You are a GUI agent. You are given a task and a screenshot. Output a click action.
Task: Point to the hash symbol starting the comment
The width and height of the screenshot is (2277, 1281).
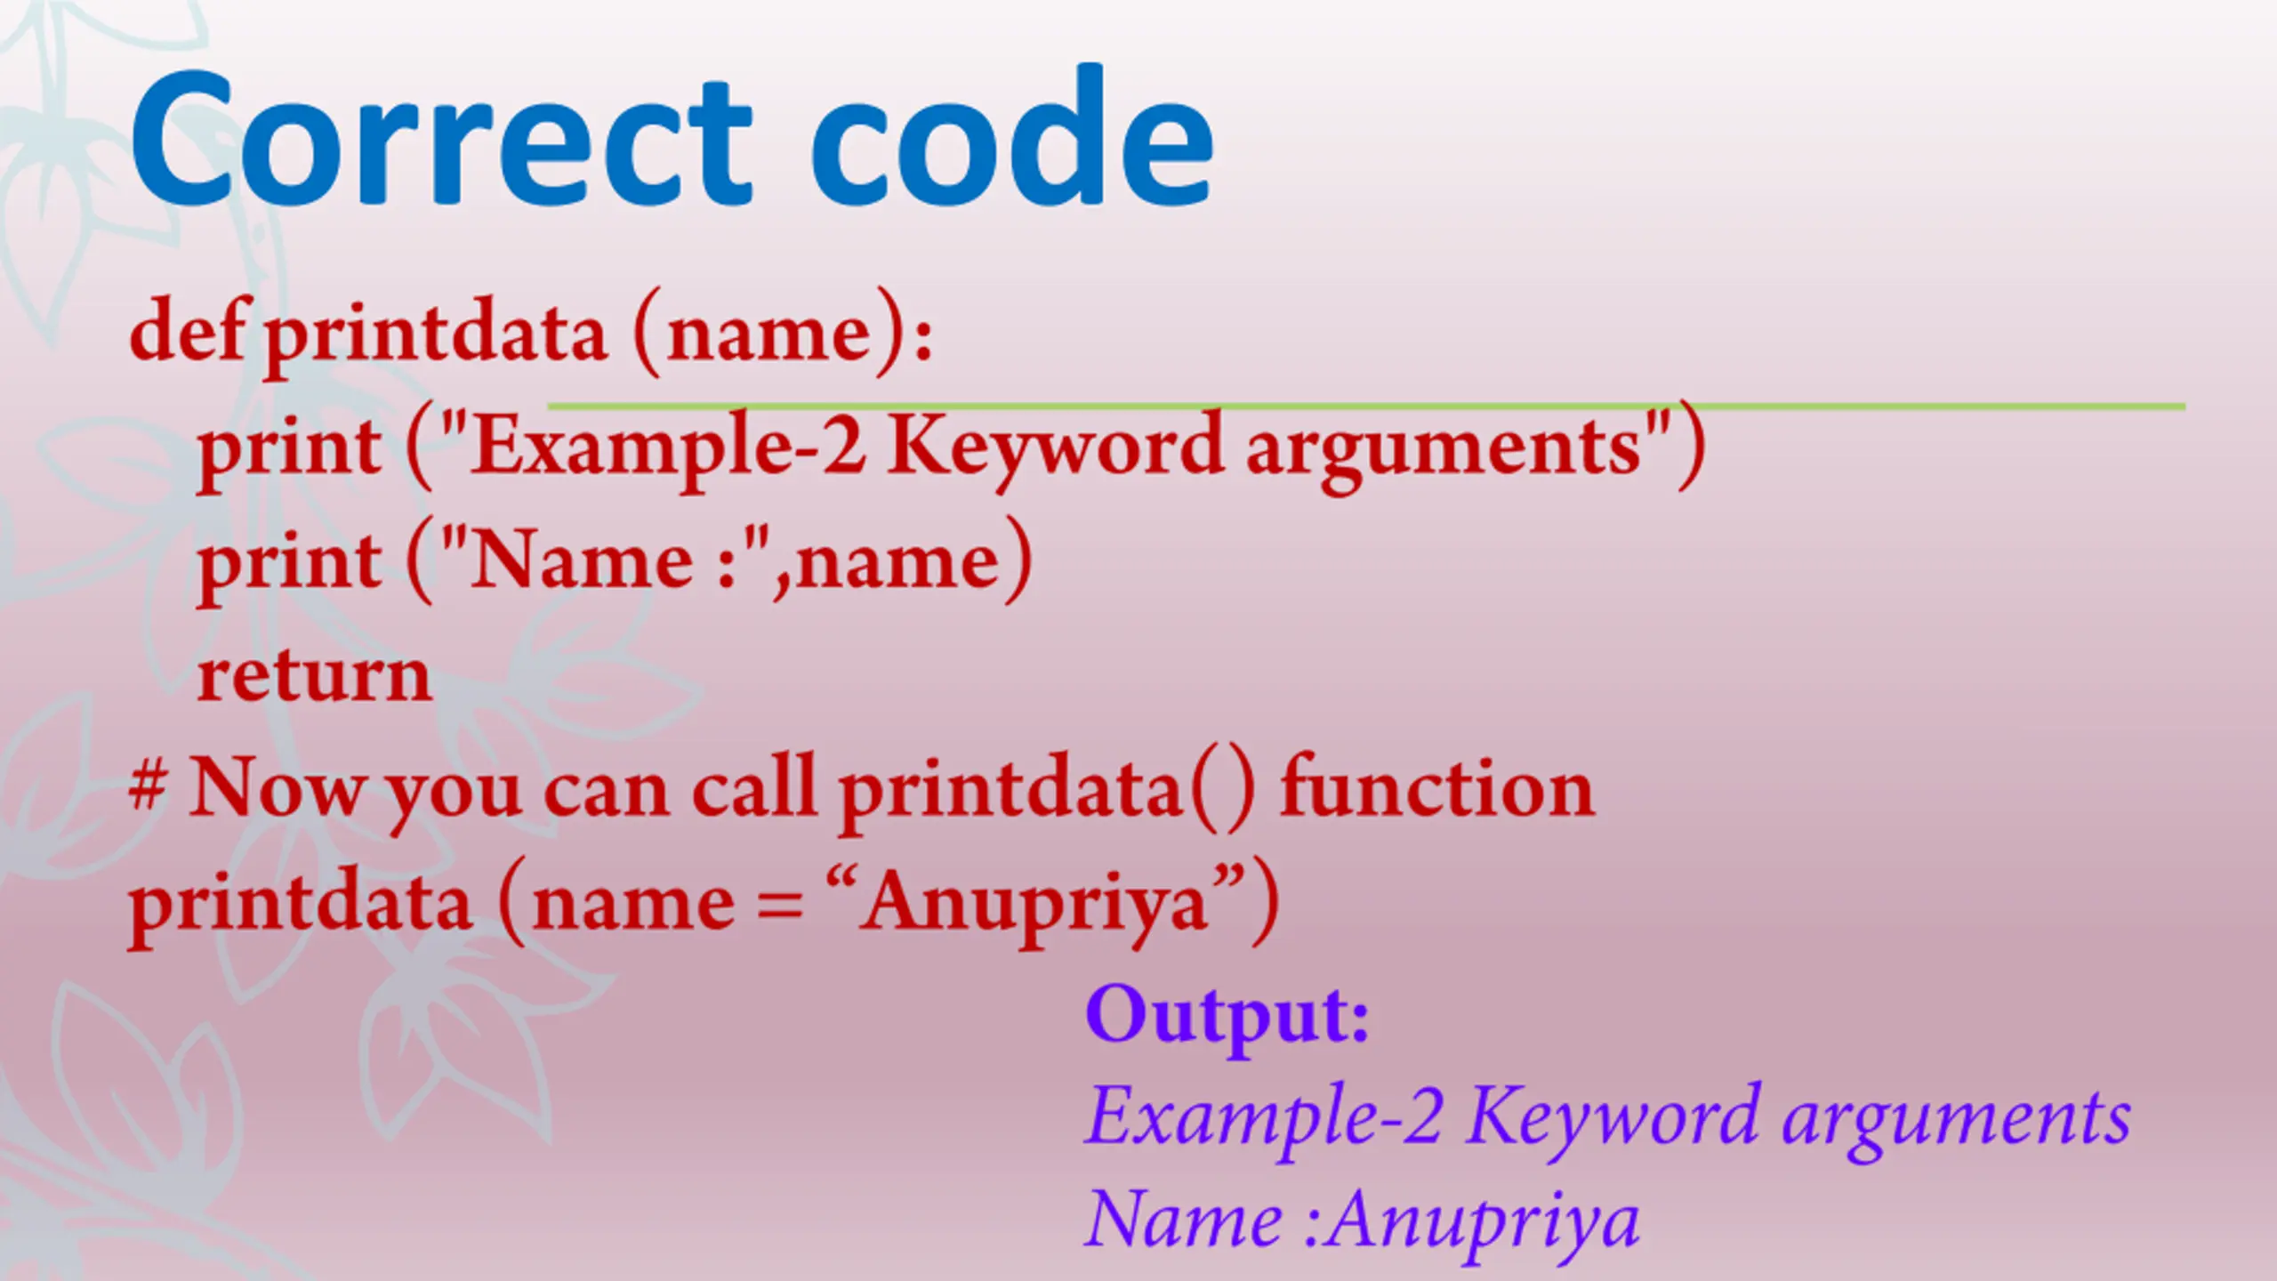(148, 786)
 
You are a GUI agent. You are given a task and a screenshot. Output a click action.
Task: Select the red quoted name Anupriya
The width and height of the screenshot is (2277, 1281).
(1035, 903)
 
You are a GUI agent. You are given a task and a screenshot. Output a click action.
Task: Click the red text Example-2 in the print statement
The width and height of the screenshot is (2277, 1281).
(668, 447)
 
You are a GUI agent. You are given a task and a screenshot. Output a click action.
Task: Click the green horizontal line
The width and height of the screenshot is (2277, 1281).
(1366, 407)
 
